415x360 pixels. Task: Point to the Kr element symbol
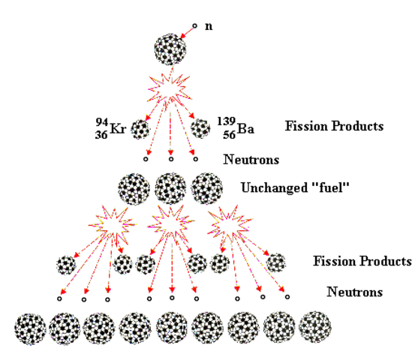[x=119, y=129]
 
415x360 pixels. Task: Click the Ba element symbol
[x=246, y=129]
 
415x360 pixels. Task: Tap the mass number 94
[x=101, y=122]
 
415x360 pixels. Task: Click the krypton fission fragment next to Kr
[x=140, y=129]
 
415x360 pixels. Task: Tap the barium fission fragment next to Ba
[x=200, y=128]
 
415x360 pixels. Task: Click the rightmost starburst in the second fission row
[x=227, y=222]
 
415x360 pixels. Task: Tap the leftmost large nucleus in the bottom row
[x=30, y=328]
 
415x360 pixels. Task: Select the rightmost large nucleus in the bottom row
[x=314, y=327]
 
